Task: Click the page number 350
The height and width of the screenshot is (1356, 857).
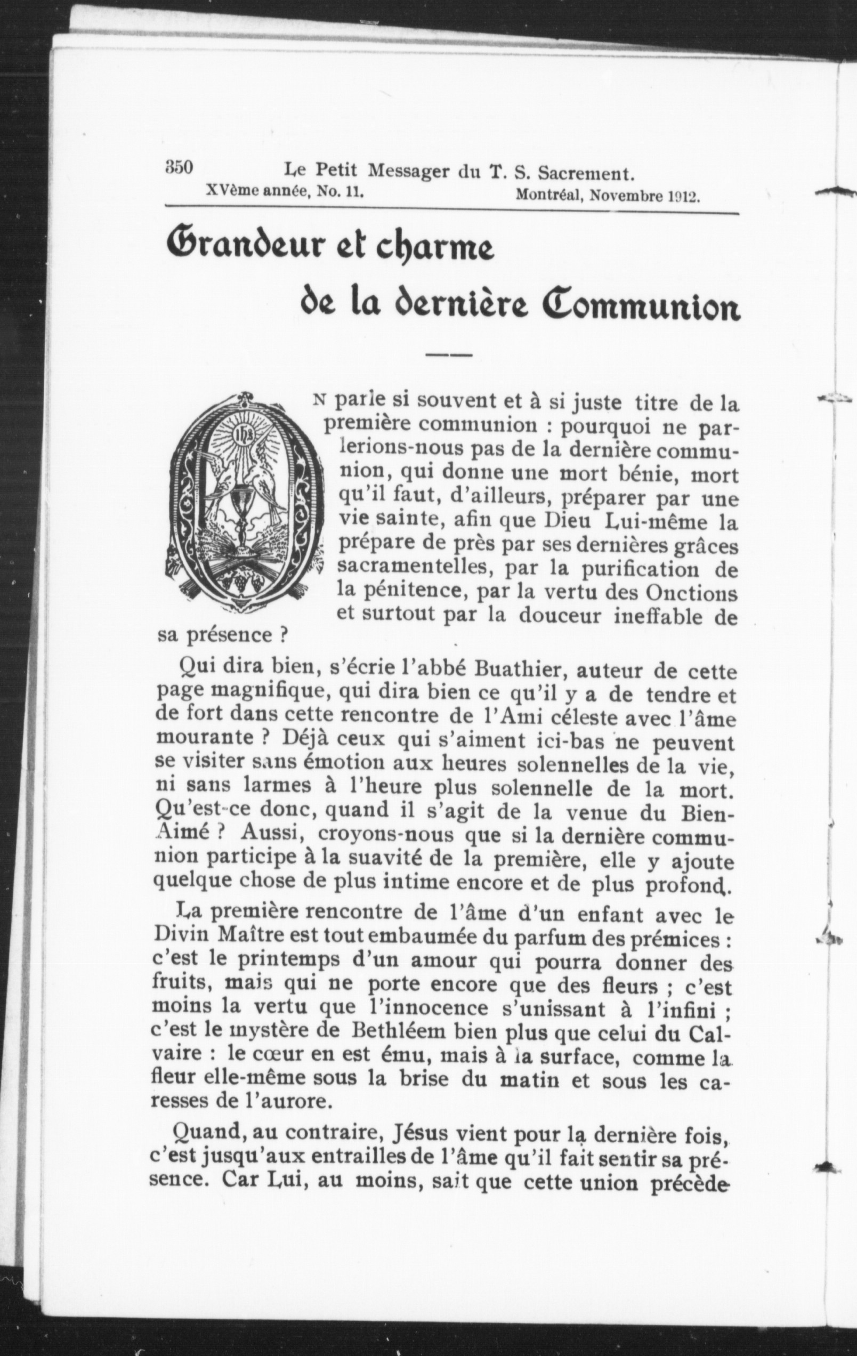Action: [x=179, y=167]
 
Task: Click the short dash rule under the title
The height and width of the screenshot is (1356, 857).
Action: [x=448, y=356]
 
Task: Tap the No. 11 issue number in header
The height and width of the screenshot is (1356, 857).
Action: [x=338, y=191]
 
